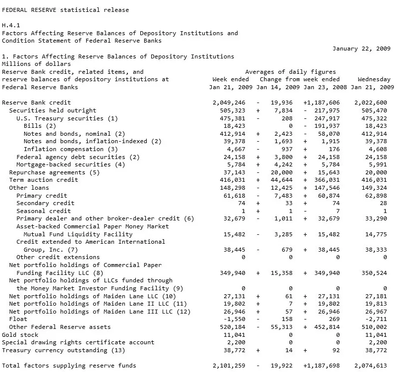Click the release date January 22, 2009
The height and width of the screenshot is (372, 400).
pos(361,49)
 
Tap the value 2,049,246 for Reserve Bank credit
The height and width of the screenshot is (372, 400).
pos(229,103)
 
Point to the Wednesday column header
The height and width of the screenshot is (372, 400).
pos(374,79)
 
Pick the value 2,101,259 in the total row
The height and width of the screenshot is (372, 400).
pos(229,366)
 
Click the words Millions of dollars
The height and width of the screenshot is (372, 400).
pos(36,64)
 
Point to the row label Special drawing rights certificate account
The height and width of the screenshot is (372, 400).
pos(78,342)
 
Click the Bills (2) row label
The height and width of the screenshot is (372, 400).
pos(40,126)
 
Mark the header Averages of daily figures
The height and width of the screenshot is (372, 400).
pos(290,72)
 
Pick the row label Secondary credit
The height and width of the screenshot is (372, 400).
pos(46,203)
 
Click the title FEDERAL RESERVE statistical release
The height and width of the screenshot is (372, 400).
pos(65,10)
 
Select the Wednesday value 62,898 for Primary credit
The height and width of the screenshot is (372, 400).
pos(376,196)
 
